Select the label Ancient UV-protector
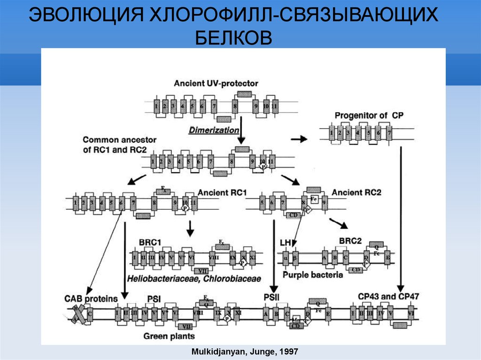point(216,84)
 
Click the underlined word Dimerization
point(214,130)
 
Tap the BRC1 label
point(150,242)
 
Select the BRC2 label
point(350,241)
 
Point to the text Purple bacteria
point(313,275)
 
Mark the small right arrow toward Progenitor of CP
point(299,139)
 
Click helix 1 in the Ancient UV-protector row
point(156,106)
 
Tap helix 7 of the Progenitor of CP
point(389,133)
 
